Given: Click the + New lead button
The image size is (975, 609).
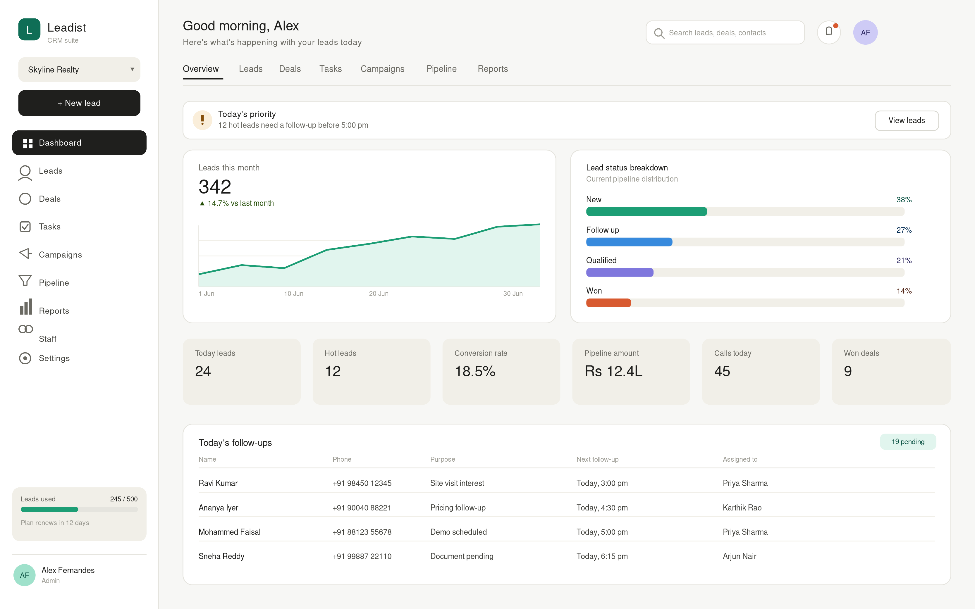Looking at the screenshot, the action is coord(79,103).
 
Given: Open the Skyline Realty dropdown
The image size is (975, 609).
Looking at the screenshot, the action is coord(79,70).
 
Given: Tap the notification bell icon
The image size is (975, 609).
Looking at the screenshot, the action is coord(829,32).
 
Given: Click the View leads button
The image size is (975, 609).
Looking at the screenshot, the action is coord(907,120).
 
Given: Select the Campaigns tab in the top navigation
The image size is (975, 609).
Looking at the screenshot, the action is coord(382,69).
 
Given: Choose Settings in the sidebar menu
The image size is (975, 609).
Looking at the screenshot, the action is coord(54,358).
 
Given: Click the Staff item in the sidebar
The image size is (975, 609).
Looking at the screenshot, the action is coord(48,339).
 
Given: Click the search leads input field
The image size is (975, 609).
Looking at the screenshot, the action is coord(725,33).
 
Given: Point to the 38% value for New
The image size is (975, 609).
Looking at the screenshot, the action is coord(904,200).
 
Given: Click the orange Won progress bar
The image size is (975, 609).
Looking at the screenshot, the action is coord(608,303).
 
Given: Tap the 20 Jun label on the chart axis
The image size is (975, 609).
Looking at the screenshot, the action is coord(379,294).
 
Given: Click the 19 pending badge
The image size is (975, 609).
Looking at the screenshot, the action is coord(908,442).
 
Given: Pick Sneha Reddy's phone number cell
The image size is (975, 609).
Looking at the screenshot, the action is coord(362,556).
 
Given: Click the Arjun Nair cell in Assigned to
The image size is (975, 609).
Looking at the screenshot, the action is coord(739,556).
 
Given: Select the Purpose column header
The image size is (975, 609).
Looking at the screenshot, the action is coord(442,459).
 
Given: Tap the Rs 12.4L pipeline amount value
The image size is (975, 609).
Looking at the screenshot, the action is coord(613,371).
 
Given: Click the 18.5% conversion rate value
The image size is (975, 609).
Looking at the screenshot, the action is coord(475,371).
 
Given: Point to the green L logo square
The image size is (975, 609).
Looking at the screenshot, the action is coord(30,30).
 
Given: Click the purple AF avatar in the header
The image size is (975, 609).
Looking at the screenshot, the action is coord(865,33).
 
